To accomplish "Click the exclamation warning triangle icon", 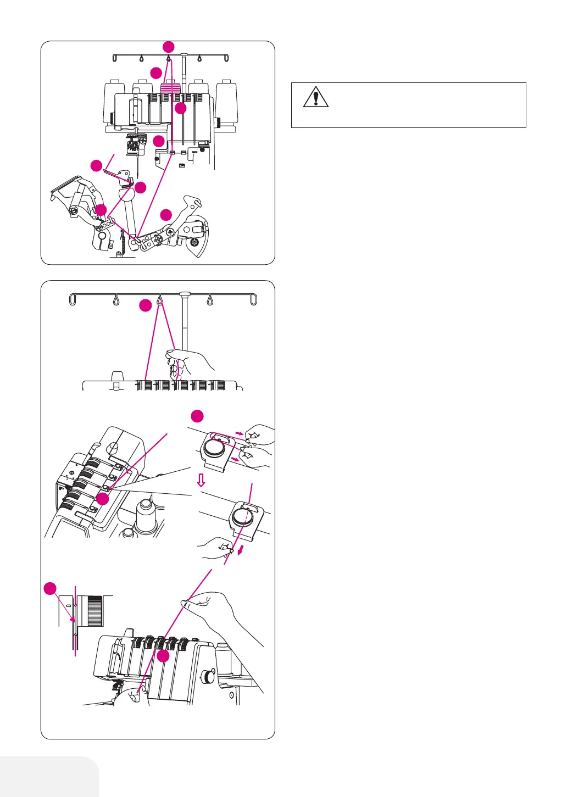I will (315, 97).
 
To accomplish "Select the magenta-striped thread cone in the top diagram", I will (170, 88).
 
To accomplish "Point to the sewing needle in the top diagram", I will (137, 162).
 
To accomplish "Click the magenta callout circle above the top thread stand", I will (169, 46).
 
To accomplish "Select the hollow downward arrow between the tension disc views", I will (201, 481).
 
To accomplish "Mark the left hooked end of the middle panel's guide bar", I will (72, 299).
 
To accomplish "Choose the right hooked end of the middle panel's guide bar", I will (254, 299).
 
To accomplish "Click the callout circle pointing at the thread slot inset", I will (50, 588).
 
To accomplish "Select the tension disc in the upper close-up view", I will (214, 449).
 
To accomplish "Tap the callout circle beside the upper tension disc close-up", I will (197, 415).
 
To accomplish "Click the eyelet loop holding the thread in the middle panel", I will (160, 300).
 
